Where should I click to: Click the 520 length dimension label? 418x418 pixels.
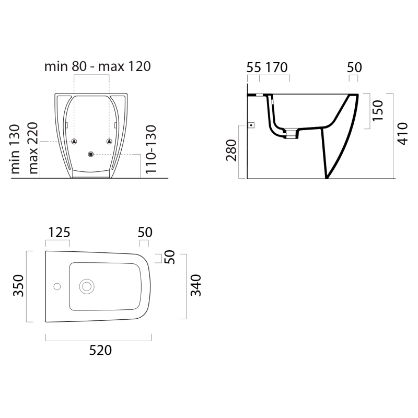pos(100,350)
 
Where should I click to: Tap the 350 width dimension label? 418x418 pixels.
pos(19,285)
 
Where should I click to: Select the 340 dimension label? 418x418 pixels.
pos(195,285)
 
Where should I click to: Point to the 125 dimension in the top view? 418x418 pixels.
pos(59,233)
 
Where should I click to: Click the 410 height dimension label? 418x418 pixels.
pos(402,134)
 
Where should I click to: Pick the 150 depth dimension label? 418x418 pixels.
pos(377,111)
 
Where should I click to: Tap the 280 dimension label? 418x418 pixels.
pos(231,150)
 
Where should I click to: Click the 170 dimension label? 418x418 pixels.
pos(276,67)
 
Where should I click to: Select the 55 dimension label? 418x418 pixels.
pos(253,67)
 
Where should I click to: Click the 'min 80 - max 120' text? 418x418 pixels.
pos(98,66)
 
